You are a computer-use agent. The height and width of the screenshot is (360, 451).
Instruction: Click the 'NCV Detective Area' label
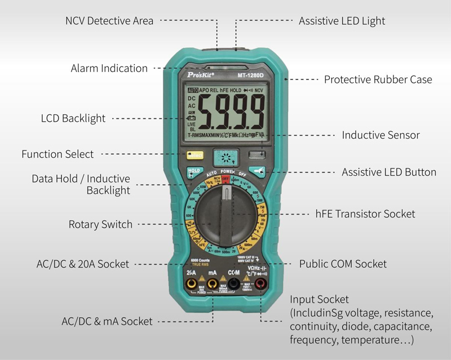coord(109,21)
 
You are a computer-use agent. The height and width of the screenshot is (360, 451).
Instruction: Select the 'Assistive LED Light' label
coord(342,21)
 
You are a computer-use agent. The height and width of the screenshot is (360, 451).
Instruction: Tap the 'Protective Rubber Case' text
coord(378,79)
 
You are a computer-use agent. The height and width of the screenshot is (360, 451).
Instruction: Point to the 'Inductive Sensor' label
coord(381,135)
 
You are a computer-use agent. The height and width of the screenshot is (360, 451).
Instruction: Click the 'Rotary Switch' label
coord(100,224)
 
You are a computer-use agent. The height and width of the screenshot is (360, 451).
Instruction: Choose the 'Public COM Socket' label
coord(343,264)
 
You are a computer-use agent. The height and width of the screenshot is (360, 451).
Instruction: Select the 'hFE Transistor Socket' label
coord(365,214)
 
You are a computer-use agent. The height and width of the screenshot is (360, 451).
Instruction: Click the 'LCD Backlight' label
coord(73,118)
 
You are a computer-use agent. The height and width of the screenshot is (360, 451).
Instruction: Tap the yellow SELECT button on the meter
coord(195,155)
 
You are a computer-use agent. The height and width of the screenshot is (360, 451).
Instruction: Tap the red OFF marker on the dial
coord(225,179)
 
